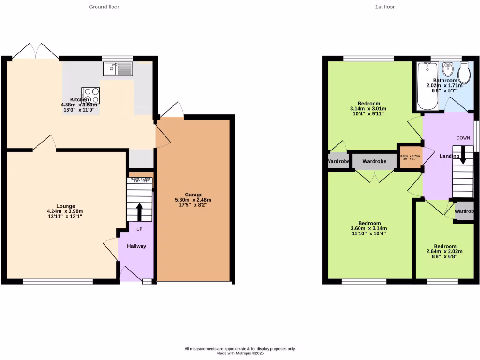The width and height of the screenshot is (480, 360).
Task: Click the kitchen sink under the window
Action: tap(118, 69)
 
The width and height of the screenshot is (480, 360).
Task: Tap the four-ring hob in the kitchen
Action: tap(90, 95)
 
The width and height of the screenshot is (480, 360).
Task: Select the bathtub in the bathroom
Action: tap(427, 86)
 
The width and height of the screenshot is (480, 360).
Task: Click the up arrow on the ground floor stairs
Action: tap(139, 211)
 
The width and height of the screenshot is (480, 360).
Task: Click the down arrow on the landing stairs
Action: tap(463, 155)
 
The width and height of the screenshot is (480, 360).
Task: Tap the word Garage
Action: tap(193, 195)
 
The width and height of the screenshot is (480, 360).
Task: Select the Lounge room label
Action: tap(66, 206)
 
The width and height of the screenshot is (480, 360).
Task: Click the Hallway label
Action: tap(136, 246)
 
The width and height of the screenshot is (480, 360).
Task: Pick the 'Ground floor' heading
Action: tap(104, 7)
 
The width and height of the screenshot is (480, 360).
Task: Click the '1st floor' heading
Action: tap(385, 7)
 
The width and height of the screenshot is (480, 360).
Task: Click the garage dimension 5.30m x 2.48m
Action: tap(193, 200)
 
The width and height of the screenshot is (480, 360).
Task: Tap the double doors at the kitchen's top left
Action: tap(33, 51)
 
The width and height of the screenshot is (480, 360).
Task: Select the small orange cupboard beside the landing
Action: tap(410, 156)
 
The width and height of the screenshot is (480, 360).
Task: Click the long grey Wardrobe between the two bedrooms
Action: tap(374, 161)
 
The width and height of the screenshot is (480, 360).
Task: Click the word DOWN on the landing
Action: tap(464, 138)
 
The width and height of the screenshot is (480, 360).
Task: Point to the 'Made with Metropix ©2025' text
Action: tap(240, 353)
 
